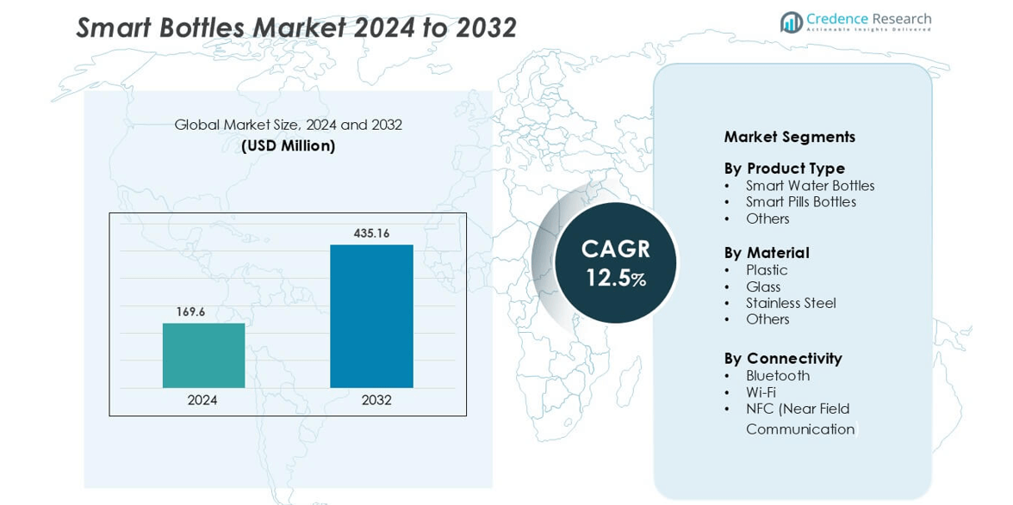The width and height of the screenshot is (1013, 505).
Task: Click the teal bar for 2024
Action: [203, 355]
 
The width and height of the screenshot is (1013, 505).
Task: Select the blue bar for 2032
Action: [371, 316]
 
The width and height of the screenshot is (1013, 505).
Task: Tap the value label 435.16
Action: [371, 233]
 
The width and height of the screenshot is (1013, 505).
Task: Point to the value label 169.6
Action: [190, 311]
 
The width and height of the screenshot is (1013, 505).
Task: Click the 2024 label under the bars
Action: [202, 400]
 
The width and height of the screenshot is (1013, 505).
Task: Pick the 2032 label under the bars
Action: [376, 400]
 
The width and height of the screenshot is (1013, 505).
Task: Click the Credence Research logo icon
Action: [791, 22]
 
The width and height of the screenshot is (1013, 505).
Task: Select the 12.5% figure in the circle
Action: [615, 278]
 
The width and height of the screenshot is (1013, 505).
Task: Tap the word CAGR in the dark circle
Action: [615, 249]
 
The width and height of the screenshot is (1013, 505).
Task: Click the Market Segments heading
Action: [789, 137]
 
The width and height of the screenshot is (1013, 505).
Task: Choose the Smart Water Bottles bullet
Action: [810, 186]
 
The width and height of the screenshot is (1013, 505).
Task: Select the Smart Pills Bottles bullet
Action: [801, 202]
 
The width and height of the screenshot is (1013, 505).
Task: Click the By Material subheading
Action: [766, 253]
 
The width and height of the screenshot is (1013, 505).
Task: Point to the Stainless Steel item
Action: [791, 303]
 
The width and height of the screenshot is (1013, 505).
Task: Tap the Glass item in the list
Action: [763, 286]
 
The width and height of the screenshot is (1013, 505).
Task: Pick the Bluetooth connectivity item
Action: [778, 376]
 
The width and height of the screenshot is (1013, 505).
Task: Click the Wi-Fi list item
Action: [761, 392]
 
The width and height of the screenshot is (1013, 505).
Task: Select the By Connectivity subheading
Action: [782, 358]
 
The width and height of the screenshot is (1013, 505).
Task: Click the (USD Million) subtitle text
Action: [288, 146]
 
